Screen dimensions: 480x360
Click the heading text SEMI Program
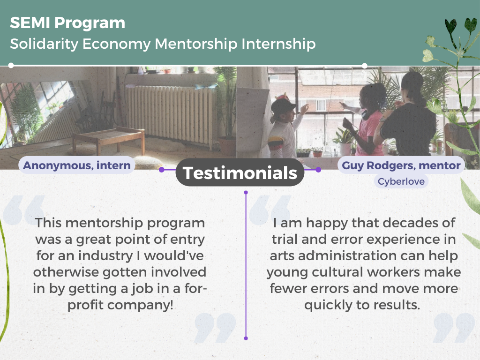tap(67, 23)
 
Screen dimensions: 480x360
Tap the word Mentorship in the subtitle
tap(196, 44)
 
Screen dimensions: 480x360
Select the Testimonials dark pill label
tap(240, 172)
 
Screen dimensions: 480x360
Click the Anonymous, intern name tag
tap(77, 165)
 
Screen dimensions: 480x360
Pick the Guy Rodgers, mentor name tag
tap(401, 165)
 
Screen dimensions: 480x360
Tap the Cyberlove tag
tap(401, 181)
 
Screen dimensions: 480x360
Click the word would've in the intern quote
tap(174, 255)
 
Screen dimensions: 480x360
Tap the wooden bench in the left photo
tap(108, 139)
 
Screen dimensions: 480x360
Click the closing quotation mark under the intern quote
tap(216, 328)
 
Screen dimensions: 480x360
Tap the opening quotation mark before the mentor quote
tap(270, 210)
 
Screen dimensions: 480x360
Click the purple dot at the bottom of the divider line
tap(246, 338)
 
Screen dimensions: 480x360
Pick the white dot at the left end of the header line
tap(11, 65)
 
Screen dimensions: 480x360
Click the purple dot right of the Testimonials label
tap(318, 170)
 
